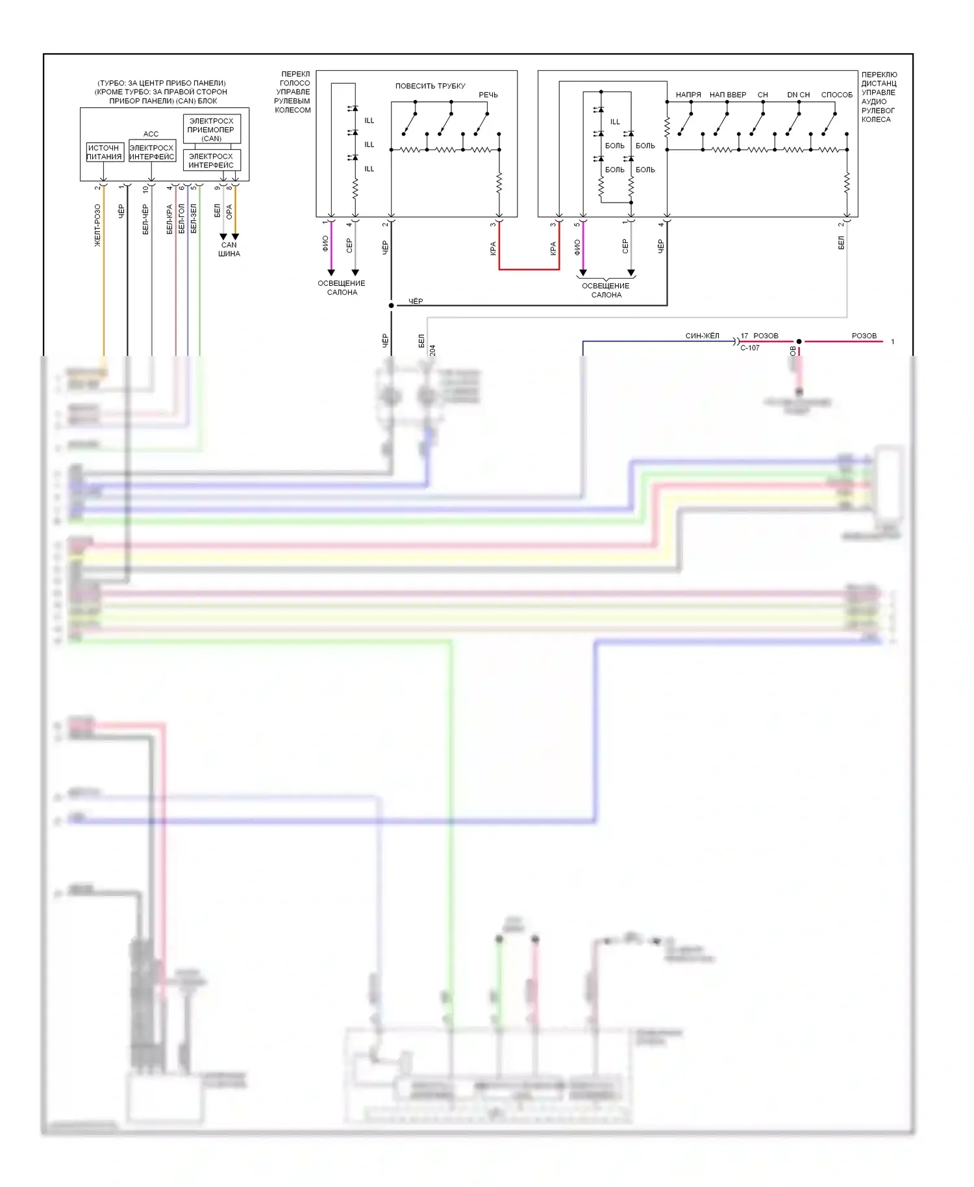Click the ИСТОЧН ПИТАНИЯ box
pos(105,153)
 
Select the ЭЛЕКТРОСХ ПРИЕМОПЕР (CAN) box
pos(212,129)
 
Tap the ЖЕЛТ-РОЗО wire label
pos(97,225)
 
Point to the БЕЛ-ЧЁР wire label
pos(145,219)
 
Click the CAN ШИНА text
pos(229,249)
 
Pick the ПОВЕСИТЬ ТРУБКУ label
pos(430,86)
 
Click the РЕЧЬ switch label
pos(488,95)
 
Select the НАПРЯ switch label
pos(688,95)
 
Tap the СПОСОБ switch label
pos(836,95)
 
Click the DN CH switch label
pos(798,95)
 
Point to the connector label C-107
pos(750,348)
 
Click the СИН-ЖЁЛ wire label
pos(702,336)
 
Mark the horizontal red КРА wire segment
pos(529,269)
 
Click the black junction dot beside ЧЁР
pos(391,305)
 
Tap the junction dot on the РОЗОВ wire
pos(799,342)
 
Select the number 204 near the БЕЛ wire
pos(432,350)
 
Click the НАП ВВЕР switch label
pos(728,95)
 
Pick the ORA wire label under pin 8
pos(229,212)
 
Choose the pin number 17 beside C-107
pos(744,336)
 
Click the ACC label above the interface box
pos(151,134)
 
